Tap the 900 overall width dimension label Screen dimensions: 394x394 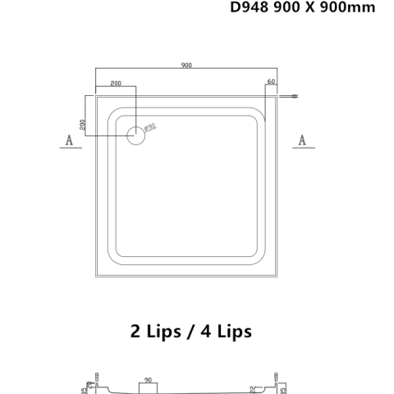[x=188, y=66]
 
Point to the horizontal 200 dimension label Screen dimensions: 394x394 [x=116, y=84]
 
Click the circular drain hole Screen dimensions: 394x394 [x=135, y=135]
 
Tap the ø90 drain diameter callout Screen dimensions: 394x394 [x=150, y=127]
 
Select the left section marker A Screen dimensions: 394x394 [x=69, y=141]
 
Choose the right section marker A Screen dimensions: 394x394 [x=301, y=141]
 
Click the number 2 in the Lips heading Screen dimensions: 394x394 [x=135, y=331]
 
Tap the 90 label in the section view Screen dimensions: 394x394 [x=148, y=380]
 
